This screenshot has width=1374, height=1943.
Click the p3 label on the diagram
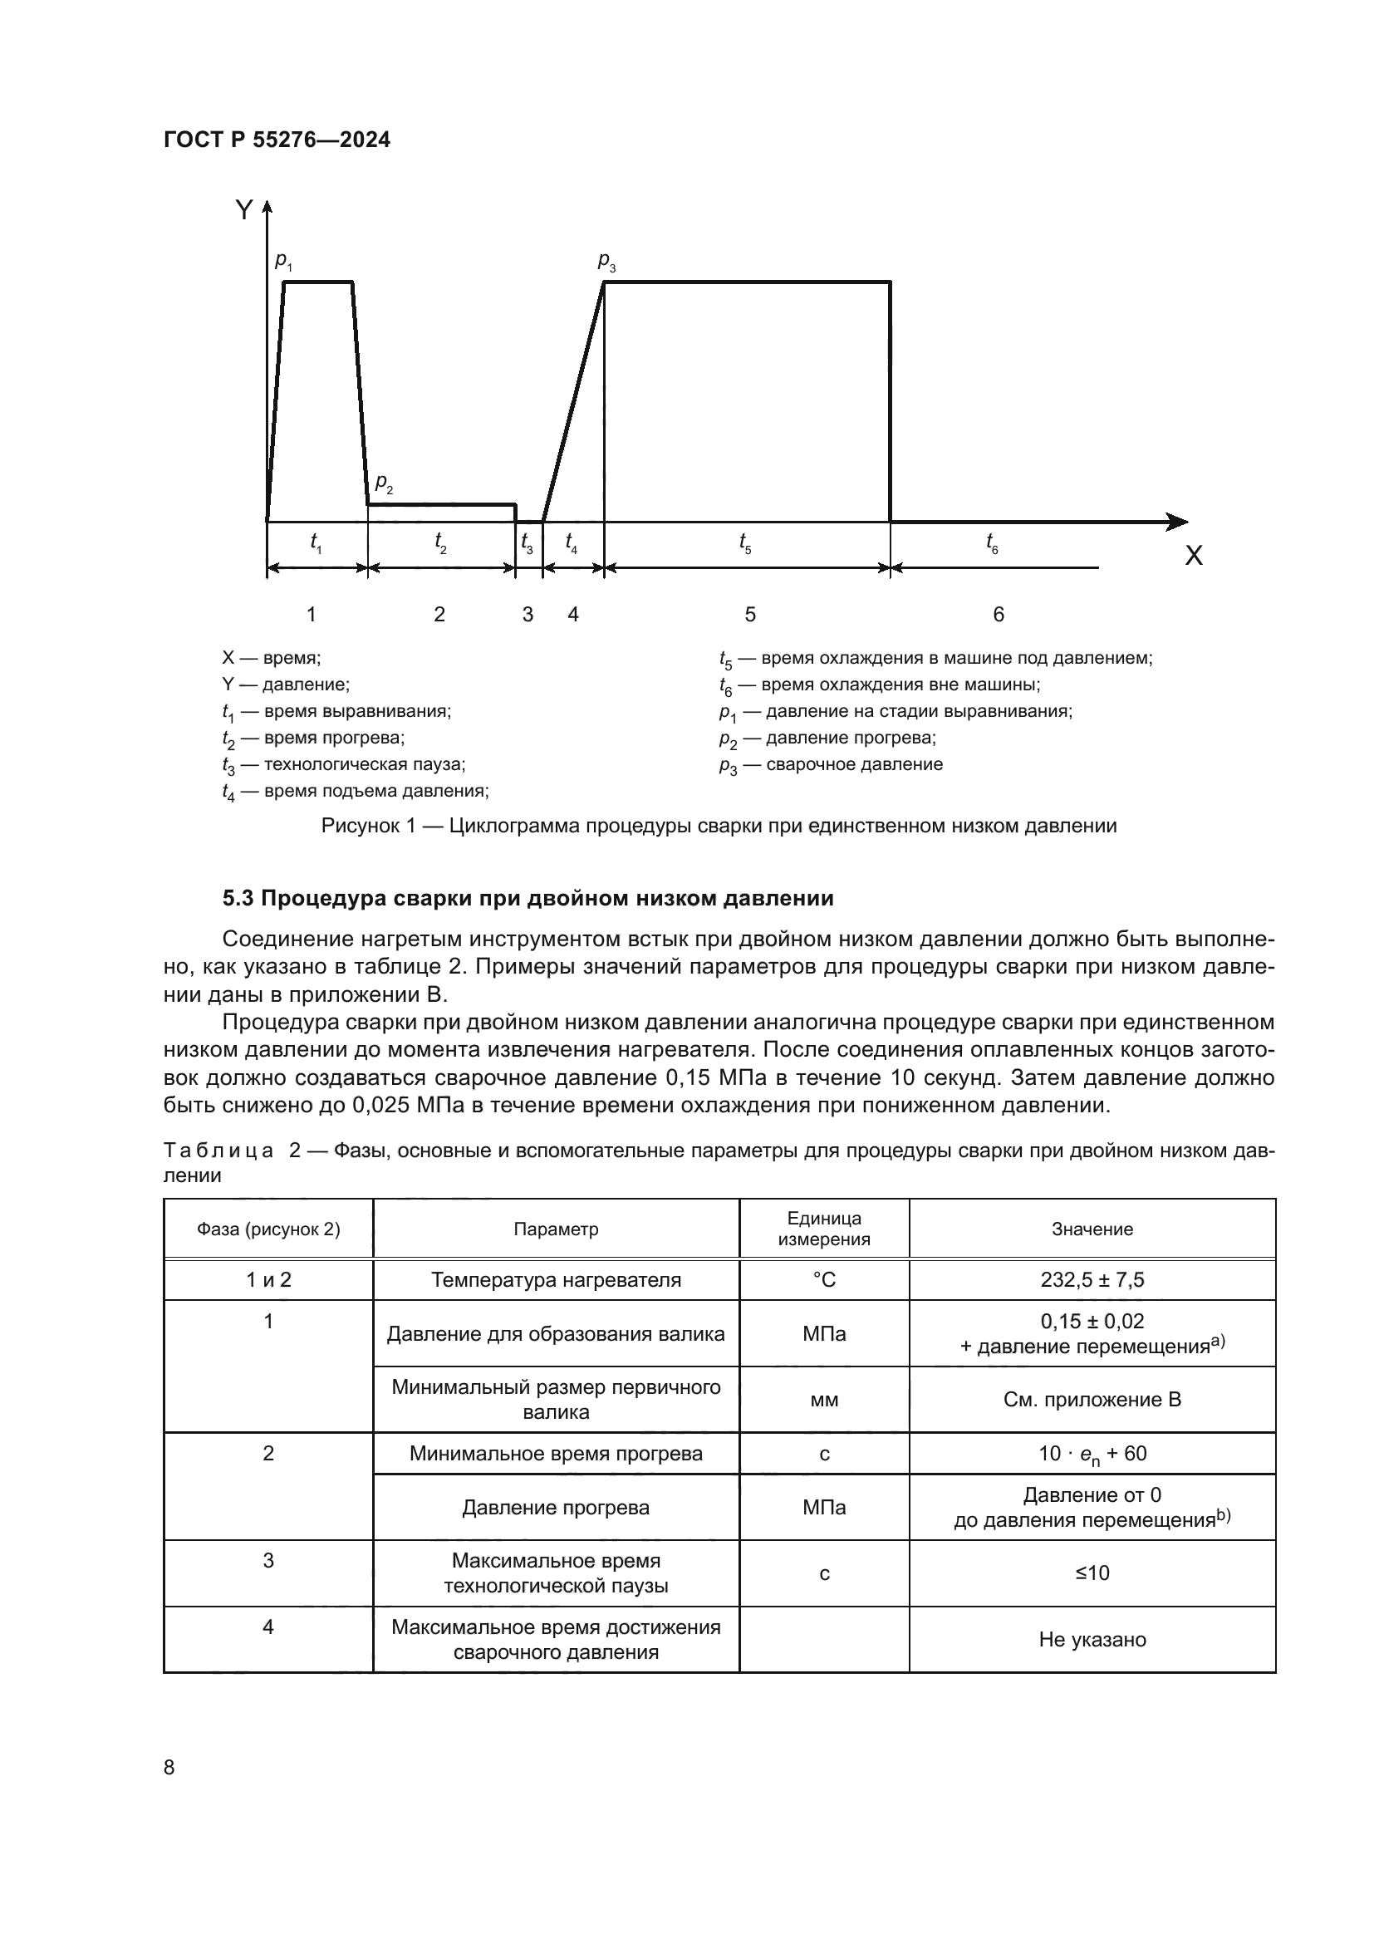point(606,262)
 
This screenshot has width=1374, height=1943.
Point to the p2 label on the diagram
point(384,484)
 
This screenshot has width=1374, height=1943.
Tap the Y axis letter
point(244,210)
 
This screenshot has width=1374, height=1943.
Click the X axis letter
point(1193,556)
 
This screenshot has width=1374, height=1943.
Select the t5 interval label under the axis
point(744,542)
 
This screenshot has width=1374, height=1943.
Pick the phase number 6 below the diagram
point(999,615)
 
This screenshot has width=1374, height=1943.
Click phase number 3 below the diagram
point(528,615)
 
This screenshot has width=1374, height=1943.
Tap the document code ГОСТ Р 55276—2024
point(277,140)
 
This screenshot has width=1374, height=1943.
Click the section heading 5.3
point(528,898)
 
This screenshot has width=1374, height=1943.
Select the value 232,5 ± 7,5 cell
point(1092,1279)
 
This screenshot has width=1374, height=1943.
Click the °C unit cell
point(823,1279)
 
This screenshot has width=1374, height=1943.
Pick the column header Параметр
point(555,1229)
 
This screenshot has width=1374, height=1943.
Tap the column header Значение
point(1092,1229)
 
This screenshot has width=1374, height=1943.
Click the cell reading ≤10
point(1092,1573)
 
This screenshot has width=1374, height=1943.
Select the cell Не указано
point(1092,1639)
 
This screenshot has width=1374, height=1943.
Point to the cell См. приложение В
point(1092,1400)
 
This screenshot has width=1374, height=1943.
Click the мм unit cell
point(823,1400)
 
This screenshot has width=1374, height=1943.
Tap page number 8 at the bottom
point(169,1767)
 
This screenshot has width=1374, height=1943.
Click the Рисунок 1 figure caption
point(719,826)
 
